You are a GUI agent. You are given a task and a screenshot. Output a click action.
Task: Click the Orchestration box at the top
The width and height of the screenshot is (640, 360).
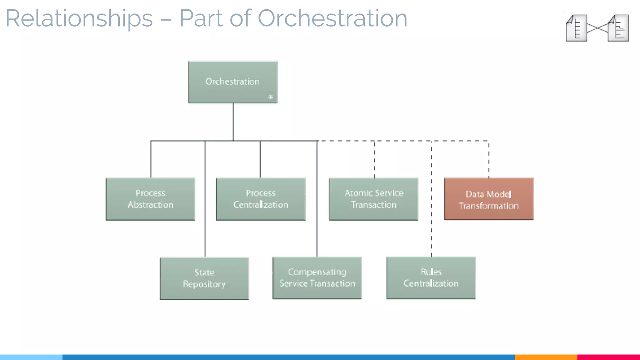point(233,82)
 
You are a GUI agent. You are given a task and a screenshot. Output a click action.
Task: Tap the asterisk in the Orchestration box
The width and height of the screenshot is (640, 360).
point(271,97)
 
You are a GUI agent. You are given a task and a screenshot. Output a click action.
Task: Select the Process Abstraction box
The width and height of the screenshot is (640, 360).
point(150,199)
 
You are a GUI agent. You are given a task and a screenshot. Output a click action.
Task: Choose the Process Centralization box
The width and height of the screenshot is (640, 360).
point(261,199)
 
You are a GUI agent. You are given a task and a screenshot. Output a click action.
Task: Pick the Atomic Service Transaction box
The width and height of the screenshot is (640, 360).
point(374,199)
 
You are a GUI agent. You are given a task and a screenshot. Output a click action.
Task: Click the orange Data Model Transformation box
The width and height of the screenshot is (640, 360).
point(489,199)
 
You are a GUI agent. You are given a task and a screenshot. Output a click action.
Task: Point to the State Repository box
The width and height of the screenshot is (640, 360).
point(204,278)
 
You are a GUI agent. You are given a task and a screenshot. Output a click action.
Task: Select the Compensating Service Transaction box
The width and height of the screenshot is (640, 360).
point(317,278)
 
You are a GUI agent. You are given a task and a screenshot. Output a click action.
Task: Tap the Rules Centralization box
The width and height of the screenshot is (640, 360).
point(431,278)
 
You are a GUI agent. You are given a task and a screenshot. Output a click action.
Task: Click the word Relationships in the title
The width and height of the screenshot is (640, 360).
point(79,18)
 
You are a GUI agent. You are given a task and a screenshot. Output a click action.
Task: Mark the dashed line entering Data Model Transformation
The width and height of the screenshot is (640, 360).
point(489,159)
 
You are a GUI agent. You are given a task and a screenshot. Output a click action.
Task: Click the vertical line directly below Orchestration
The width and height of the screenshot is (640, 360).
point(233,122)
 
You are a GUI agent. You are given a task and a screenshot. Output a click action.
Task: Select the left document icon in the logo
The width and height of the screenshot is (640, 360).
point(576,28)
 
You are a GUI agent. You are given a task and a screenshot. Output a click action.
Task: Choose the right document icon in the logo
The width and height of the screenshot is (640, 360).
point(618,28)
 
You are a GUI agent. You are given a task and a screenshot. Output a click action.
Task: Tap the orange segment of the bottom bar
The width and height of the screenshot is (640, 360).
point(546,357)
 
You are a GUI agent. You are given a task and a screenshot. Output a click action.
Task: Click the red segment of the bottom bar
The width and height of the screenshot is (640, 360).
point(608,357)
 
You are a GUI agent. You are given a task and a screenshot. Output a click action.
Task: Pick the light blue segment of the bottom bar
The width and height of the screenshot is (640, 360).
point(31,357)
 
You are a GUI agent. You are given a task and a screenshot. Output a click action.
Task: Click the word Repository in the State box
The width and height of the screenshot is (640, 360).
point(204,284)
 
